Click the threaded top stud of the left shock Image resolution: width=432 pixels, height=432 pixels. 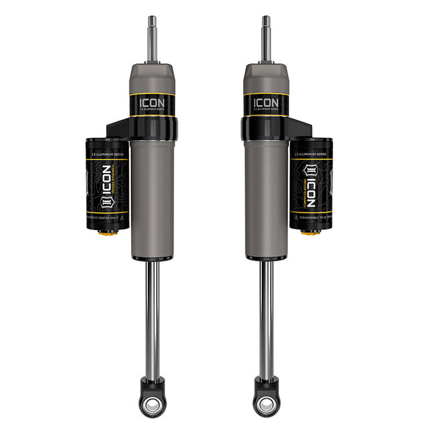151,38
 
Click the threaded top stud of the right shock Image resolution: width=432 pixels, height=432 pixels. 266,38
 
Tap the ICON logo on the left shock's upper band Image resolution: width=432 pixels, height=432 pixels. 151,102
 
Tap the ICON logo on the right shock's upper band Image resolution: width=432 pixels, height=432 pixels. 266,102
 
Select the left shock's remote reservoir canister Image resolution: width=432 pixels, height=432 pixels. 107,184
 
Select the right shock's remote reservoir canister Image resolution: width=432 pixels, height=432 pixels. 311,184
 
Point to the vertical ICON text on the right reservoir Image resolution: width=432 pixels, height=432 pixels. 311,187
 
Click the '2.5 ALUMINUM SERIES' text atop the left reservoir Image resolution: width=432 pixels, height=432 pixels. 107,148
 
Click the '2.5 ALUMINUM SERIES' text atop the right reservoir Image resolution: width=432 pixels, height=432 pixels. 311,148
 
